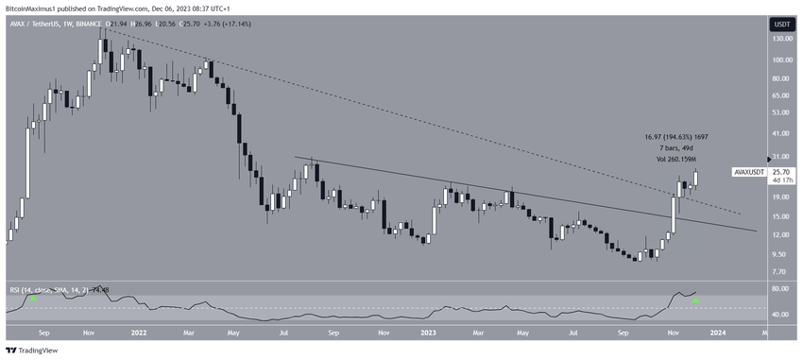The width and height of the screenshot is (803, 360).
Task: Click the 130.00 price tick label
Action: pos(781,39)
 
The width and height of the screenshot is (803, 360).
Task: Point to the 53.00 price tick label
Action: pos(779,113)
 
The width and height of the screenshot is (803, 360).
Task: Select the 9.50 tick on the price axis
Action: pos(778,253)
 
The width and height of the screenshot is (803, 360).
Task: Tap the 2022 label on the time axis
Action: pos(139,333)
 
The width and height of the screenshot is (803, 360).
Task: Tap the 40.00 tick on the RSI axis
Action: pos(780,315)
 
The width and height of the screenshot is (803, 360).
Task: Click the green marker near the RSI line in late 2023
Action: pos(696,300)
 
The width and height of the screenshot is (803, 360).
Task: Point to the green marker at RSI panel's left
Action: pos(33,299)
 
